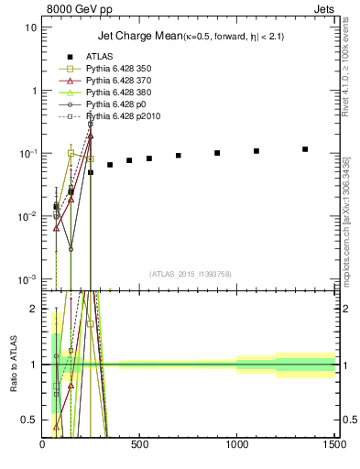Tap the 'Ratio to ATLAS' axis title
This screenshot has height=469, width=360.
tap(13, 365)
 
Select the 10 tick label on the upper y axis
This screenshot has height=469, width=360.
tap(31, 27)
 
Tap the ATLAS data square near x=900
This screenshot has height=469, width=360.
tap(217, 153)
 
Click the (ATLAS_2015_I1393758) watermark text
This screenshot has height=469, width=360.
tap(189, 273)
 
